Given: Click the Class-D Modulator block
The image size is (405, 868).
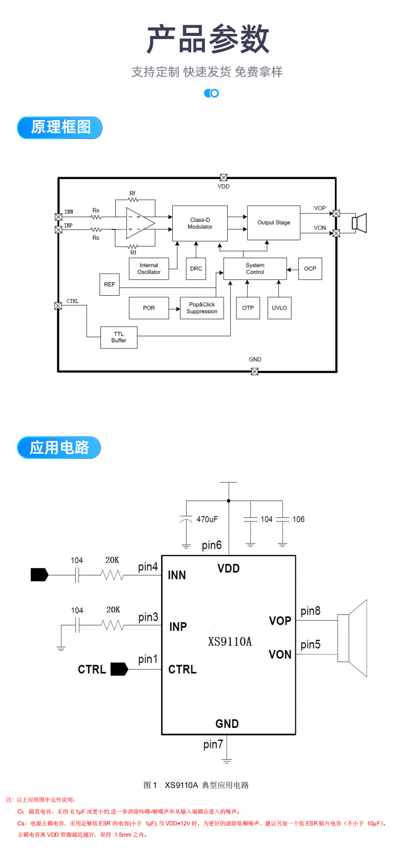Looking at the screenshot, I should (x=199, y=223).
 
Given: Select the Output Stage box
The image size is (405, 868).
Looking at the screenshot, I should (x=273, y=223).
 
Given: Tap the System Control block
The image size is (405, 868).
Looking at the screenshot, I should (x=255, y=269).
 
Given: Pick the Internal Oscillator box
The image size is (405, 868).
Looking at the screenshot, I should (x=149, y=269).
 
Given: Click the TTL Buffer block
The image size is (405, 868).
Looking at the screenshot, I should (x=118, y=337).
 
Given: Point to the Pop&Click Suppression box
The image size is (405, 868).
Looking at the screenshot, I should (x=201, y=308).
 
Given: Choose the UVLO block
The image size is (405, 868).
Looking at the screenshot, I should (x=279, y=308).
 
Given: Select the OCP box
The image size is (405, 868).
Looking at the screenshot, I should (x=310, y=268).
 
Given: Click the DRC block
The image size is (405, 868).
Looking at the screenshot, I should (x=196, y=268).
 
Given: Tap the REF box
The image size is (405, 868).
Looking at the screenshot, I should (x=109, y=284).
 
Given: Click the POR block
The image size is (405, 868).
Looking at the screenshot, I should (x=149, y=308).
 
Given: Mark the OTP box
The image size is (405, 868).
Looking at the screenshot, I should (x=248, y=308).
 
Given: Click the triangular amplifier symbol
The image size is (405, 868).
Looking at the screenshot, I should (x=140, y=223).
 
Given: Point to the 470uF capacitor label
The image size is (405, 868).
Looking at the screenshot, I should (x=207, y=519).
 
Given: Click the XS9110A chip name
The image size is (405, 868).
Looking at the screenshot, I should (x=230, y=642).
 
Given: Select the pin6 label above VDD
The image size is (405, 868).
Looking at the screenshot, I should (x=212, y=545).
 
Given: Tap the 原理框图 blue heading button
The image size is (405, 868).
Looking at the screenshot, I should (x=60, y=128).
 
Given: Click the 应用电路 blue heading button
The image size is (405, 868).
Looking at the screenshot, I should (x=59, y=448).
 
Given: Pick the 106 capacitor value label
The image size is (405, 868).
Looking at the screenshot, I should (x=298, y=519).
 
